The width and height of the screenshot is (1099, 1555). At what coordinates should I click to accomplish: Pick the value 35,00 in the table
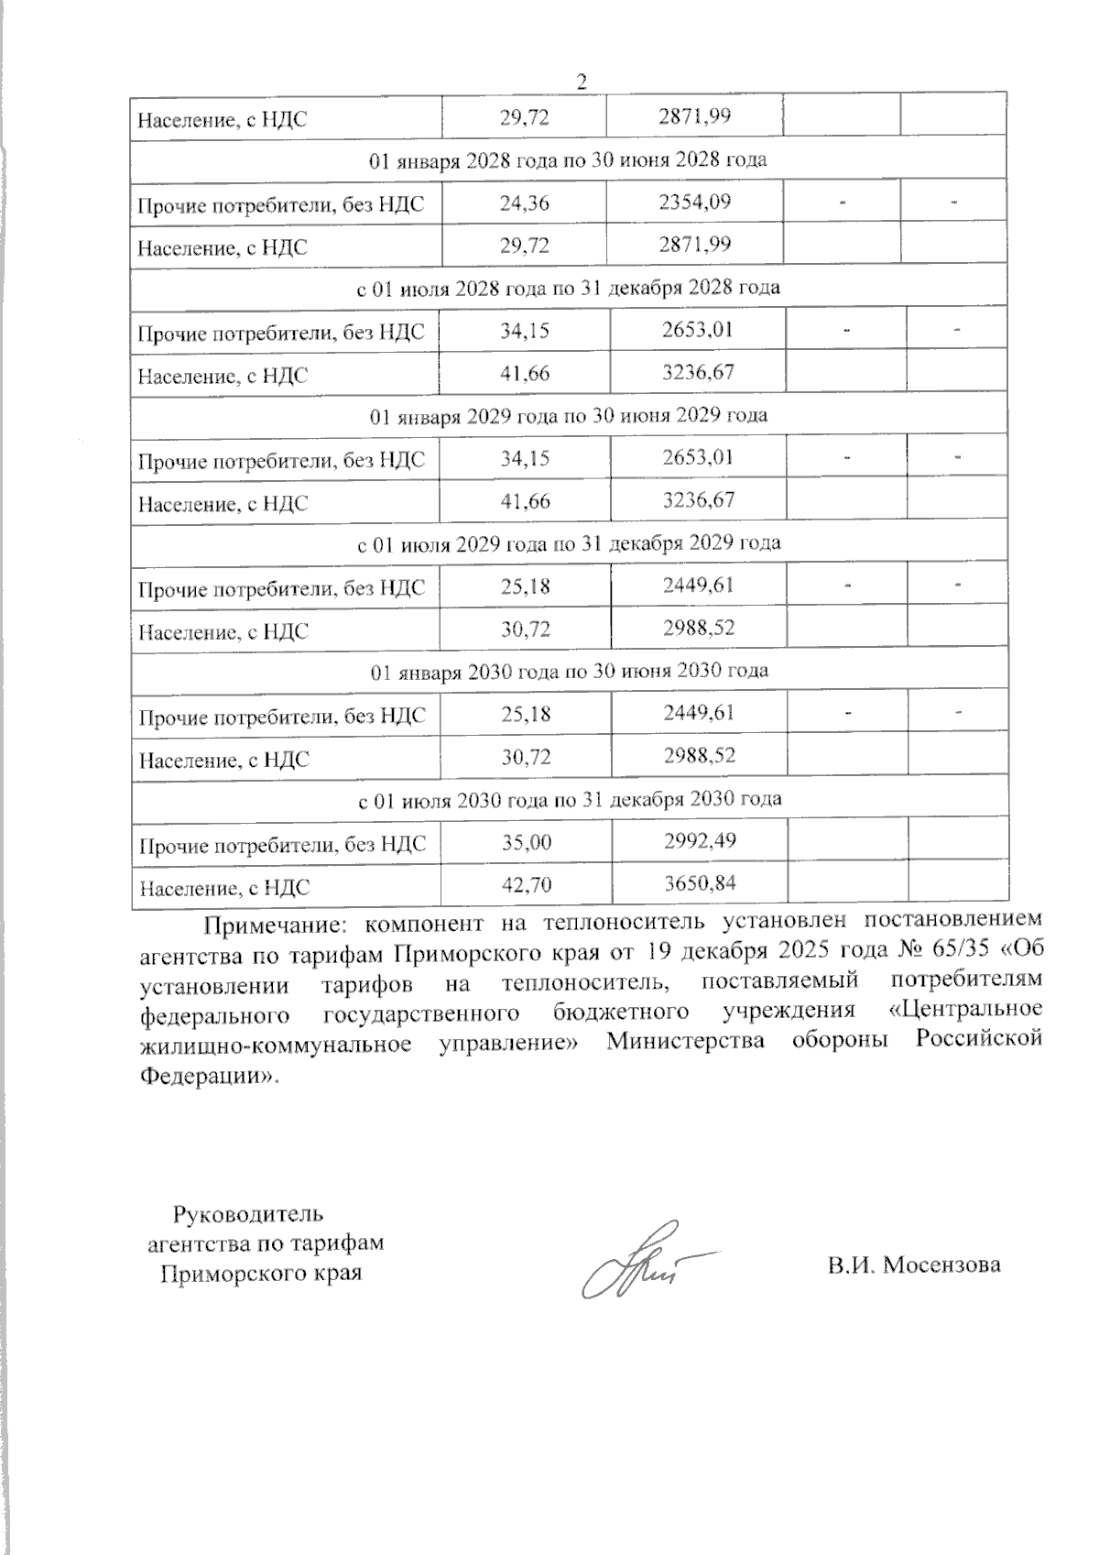[526, 842]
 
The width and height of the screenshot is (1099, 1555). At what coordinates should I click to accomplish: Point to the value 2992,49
[699, 840]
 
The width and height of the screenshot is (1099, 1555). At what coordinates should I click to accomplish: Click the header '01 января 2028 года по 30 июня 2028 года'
[568, 159]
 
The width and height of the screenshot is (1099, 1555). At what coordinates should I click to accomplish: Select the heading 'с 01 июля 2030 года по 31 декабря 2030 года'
[568, 799]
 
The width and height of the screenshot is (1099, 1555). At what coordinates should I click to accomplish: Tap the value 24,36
[524, 203]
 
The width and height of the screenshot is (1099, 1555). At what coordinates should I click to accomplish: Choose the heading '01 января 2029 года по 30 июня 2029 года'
[568, 415]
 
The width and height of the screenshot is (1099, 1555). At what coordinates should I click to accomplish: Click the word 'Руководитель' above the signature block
[248, 1215]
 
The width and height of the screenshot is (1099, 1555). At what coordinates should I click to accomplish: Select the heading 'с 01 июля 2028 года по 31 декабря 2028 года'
[568, 288]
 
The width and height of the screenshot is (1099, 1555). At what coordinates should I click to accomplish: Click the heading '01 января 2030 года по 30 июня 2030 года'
[568, 671]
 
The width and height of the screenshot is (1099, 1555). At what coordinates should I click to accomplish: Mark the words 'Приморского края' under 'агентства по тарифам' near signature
[260, 1274]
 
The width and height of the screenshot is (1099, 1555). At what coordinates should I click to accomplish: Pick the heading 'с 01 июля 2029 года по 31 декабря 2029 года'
[568, 543]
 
